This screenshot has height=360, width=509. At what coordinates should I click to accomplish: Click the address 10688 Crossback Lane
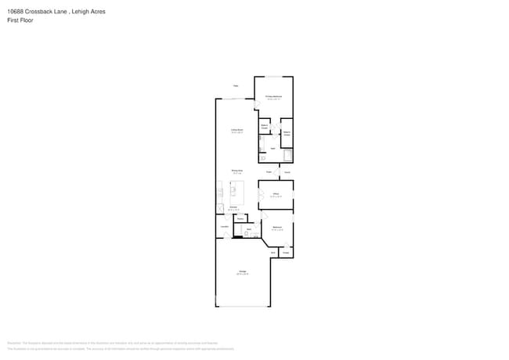pos(35,12)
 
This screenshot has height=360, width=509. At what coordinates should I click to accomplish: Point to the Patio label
pos(235,86)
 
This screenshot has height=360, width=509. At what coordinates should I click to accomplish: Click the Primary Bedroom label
pos(273,96)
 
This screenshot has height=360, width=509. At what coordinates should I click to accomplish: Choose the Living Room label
pos(236,130)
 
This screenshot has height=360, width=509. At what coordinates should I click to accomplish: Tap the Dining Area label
pos(236,170)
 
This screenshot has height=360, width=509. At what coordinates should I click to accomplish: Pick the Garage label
pos(243,272)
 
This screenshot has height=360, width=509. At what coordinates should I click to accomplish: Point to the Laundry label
pos(224,226)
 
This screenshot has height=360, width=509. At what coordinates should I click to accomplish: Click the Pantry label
pos(241,218)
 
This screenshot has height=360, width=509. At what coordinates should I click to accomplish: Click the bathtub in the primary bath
pos(287,155)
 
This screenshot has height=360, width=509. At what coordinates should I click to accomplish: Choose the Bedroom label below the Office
pos(276,227)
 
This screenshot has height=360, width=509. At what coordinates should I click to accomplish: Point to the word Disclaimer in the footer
pos(13,343)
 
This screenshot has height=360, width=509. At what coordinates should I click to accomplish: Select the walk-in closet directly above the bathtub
pos(287,133)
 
